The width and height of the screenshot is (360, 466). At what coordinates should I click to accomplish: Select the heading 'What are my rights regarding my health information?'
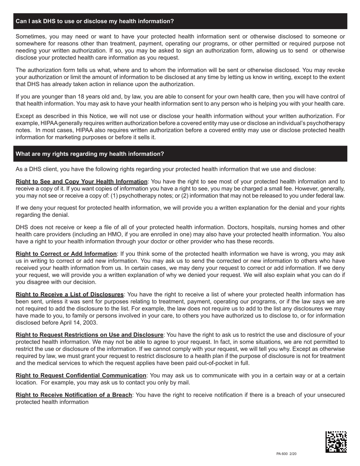(90, 154)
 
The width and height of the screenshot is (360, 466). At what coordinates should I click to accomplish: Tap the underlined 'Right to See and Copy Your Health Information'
(81, 181)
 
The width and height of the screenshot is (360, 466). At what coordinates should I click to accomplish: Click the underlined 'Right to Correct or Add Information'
(66, 253)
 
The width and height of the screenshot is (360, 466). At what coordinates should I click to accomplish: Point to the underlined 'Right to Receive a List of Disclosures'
(70, 294)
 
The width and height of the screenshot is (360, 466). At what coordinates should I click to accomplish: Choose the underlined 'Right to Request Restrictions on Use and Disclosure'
(89, 335)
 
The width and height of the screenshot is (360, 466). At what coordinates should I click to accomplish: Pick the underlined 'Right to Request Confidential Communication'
(81, 375)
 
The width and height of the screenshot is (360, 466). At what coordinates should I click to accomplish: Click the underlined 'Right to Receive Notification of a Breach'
(74, 395)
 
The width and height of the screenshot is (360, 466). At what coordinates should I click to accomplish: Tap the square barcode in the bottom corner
(336, 442)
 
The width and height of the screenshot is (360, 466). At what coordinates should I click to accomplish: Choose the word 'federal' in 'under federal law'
(324, 195)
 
